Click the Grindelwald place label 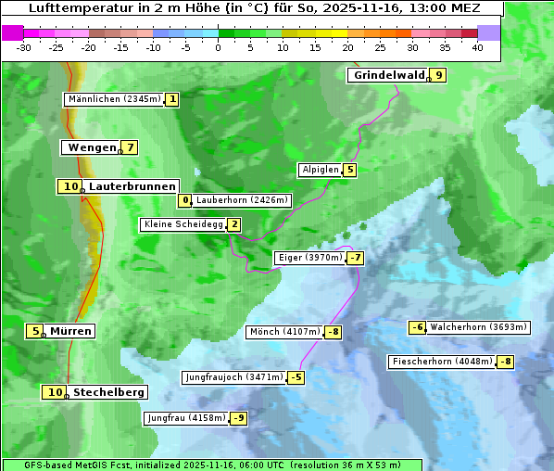pyautogui.click(x=387, y=75)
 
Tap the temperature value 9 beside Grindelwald pyautogui.click(x=439, y=75)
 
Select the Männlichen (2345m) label pyautogui.click(x=115, y=99)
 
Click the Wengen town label pyautogui.click(x=92, y=147)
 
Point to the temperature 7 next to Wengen pyautogui.click(x=131, y=147)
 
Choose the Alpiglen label pyautogui.click(x=320, y=170)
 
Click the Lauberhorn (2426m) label pyautogui.click(x=243, y=200)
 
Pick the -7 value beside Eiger pyautogui.click(x=356, y=258)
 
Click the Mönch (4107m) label pyautogui.click(x=284, y=332)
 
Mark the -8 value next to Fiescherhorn pyautogui.click(x=505, y=362)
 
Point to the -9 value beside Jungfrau pyautogui.click(x=239, y=418)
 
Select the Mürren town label pyautogui.click(x=71, y=331)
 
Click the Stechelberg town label pyautogui.click(x=108, y=392)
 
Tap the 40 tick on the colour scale pyautogui.click(x=477, y=46)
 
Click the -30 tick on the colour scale pyautogui.click(x=24, y=46)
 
